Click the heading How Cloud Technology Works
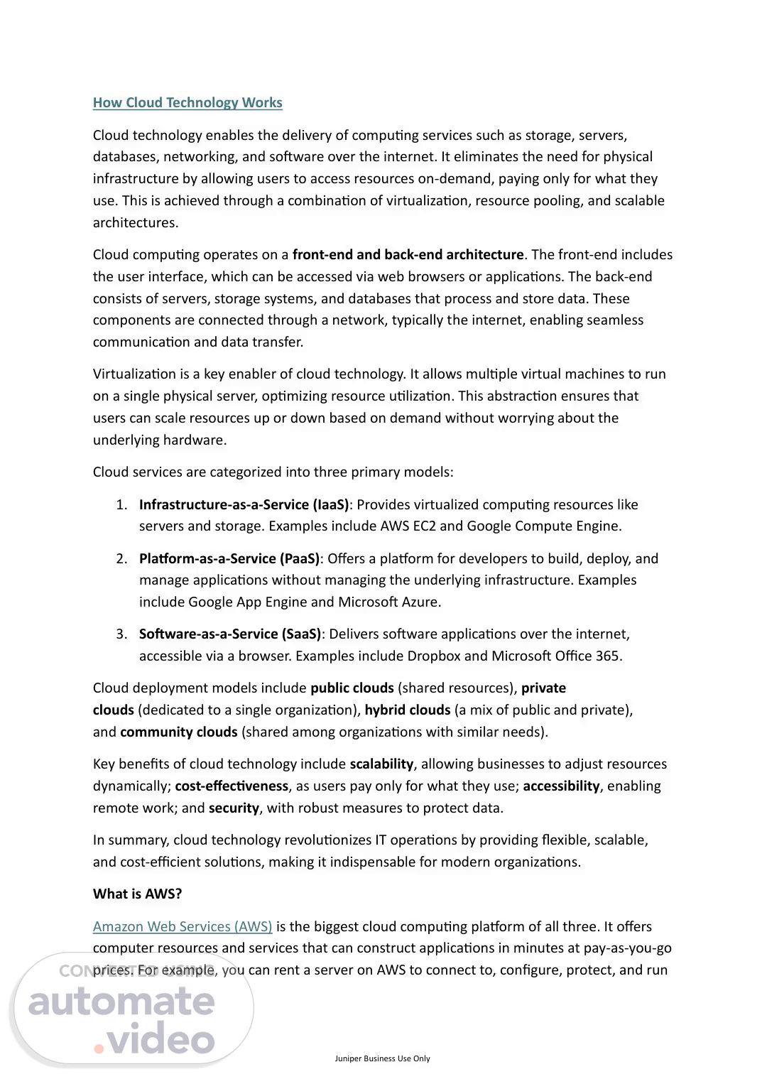click(187, 102)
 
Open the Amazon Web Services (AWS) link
click(183, 926)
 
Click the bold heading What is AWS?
click(137, 894)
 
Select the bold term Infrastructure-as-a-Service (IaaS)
click(244, 504)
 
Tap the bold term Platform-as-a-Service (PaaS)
click(229, 558)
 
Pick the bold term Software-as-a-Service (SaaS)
click(230, 634)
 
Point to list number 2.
click(121, 558)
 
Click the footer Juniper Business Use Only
click(383, 1058)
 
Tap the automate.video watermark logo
click(122, 1012)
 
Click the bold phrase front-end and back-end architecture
click(408, 254)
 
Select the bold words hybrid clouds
click(408, 710)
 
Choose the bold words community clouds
click(178, 732)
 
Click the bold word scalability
click(381, 764)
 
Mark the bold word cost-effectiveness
click(232, 786)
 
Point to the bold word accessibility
click(561, 786)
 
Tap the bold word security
click(234, 808)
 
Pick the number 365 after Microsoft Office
click(607, 656)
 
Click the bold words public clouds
click(352, 688)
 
